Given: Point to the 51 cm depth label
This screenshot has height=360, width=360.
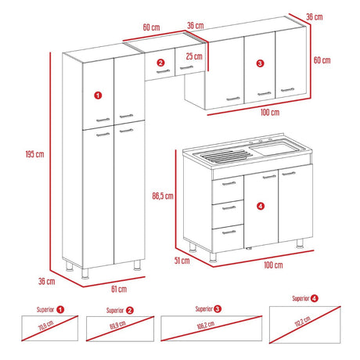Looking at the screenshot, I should click(x=182, y=262).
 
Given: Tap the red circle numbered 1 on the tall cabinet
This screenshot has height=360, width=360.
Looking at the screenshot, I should click(x=97, y=95).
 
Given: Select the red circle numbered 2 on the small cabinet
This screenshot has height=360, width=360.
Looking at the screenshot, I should click(x=160, y=63).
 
